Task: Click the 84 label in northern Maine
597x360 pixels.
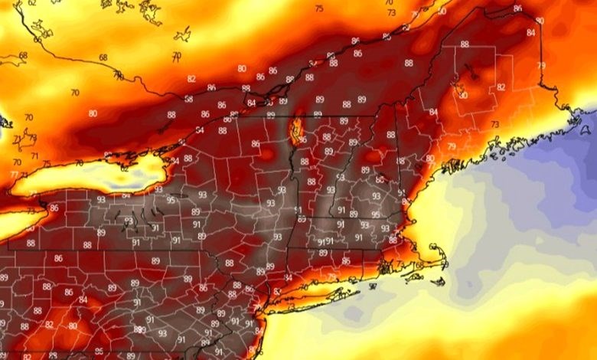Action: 531,33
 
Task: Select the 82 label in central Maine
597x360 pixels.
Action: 501,87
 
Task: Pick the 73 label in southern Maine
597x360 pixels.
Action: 494,124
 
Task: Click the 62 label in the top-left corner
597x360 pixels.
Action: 31,3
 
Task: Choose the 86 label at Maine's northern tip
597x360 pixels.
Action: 518,8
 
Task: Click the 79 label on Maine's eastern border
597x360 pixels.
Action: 542,66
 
